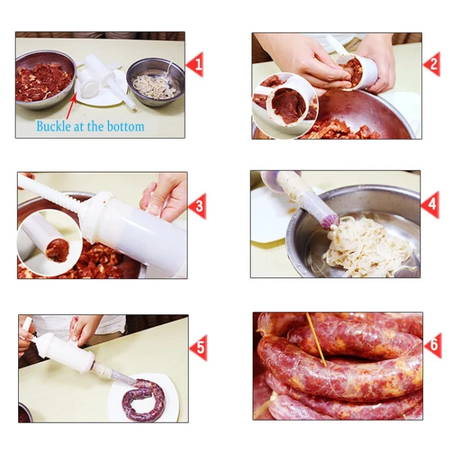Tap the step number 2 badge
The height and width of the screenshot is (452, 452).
tap(432, 64)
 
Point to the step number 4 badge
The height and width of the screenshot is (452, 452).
tap(430, 206)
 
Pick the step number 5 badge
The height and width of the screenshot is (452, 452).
tap(198, 348)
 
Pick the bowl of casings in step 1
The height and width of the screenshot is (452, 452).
tap(155, 83)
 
